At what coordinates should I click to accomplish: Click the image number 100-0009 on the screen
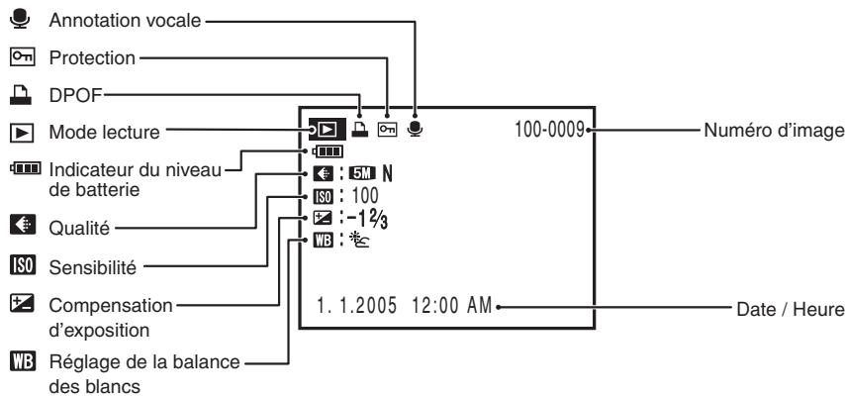pyautogui.click(x=550, y=130)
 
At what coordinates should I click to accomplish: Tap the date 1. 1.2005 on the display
pyautogui.click(x=357, y=306)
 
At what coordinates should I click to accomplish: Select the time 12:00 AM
pyautogui.click(x=452, y=306)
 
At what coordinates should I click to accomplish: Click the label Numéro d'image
pyautogui.click(x=774, y=130)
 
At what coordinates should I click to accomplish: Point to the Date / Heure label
pyautogui.click(x=790, y=310)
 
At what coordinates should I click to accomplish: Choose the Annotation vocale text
pyautogui.click(x=125, y=21)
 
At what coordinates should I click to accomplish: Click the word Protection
pyautogui.click(x=92, y=57)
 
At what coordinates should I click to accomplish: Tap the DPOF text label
pyautogui.click(x=75, y=95)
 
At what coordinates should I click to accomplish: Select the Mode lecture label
pyautogui.click(x=105, y=132)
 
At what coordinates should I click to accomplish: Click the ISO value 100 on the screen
pyautogui.click(x=365, y=195)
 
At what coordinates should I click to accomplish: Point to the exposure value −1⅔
pyautogui.click(x=367, y=220)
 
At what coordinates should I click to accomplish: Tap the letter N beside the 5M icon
pyautogui.click(x=388, y=173)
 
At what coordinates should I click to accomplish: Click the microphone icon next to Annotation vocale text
pyautogui.click(x=21, y=19)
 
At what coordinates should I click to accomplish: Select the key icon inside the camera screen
pyautogui.click(x=387, y=130)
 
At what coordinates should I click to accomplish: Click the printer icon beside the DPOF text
pyautogui.click(x=21, y=95)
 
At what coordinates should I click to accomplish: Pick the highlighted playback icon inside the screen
pyautogui.click(x=328, y=130)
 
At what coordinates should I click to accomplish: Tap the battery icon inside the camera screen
pyautogui.click(x=327, y=152)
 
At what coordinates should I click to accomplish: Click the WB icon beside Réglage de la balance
pyautogui.click(x=22, y=360)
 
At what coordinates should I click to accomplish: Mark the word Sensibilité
pyautogui.click(x=93, y=267)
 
